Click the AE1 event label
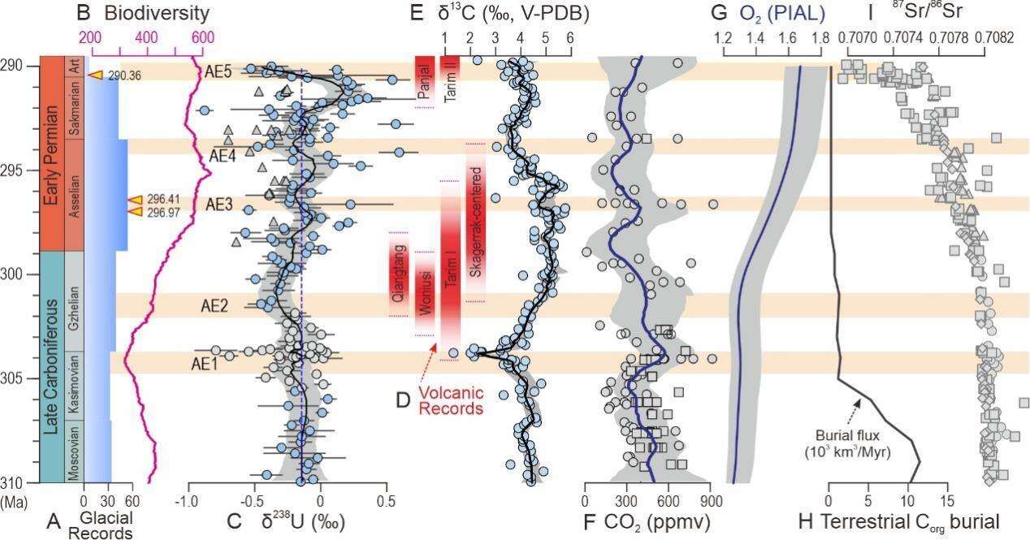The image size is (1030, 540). point(204,364)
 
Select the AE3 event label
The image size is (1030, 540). point(219,205)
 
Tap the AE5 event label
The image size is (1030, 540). point(218,72)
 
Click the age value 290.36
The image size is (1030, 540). point(124,76)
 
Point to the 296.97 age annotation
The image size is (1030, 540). point(163,212)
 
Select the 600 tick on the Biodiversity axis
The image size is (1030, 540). point(203,37)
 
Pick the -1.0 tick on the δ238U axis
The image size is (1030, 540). point(188,500)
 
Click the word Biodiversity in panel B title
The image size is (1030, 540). point(157,13)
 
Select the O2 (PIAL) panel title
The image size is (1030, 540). point(782,13)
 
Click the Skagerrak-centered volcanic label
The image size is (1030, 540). point(476,222)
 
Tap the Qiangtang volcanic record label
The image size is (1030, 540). point(398,274)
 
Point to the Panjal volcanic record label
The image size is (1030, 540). point(425,82)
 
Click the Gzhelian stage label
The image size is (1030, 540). point(74,309)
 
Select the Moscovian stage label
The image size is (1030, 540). point(74,452)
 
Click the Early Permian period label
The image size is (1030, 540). point(50,155)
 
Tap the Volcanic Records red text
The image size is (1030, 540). point(451,401)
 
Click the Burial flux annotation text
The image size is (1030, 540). point(847,443)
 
